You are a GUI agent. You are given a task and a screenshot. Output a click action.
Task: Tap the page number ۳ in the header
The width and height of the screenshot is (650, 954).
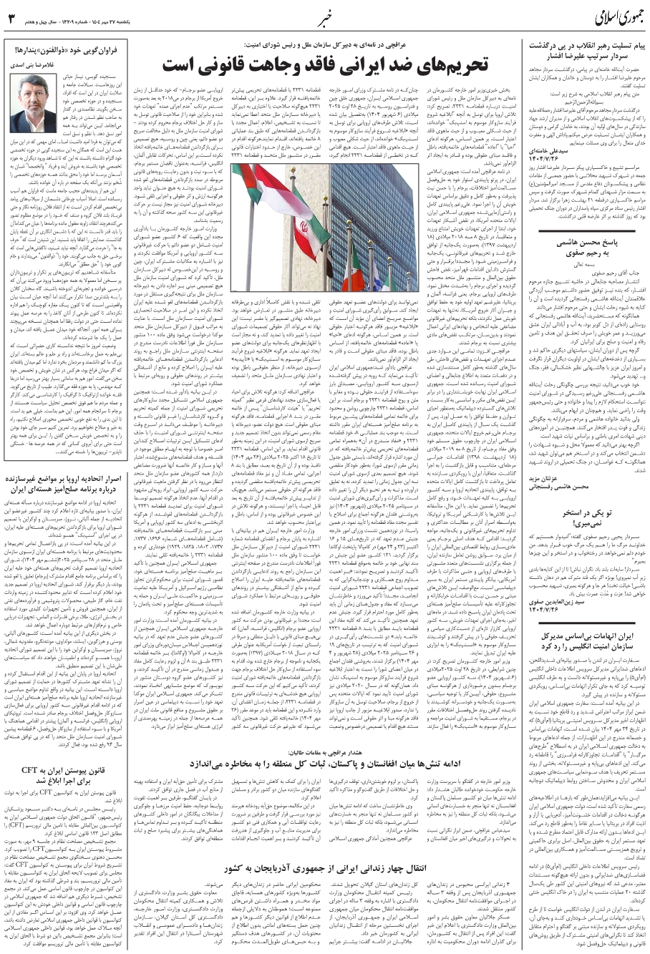coord(11,17)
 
